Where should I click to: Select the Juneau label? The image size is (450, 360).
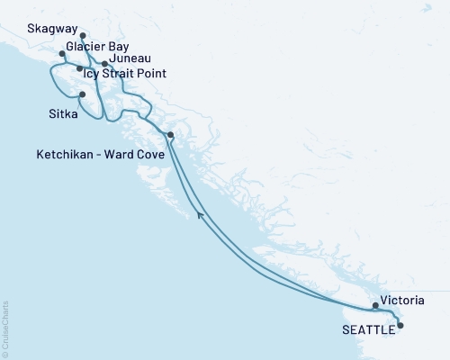pos(132,59)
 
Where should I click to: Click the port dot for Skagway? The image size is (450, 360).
pos(83,37)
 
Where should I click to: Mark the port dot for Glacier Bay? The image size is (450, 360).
pos(61,54)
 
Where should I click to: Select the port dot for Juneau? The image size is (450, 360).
pos(105,64)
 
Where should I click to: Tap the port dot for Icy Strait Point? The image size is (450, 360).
pos(80,68)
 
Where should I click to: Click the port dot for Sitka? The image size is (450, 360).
pos(82,94)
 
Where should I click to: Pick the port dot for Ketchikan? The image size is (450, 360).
pos(170,135)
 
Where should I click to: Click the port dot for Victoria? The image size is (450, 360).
pos(375,306)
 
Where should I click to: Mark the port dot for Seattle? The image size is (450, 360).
pos(400,325)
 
